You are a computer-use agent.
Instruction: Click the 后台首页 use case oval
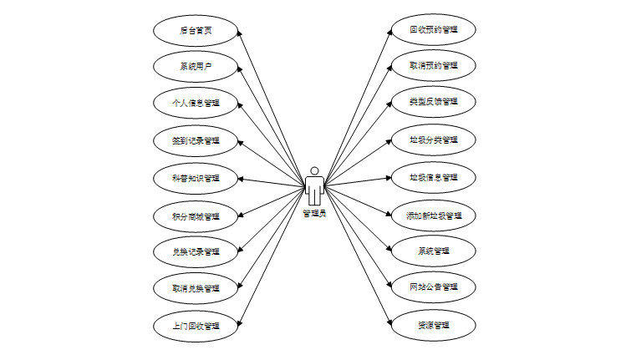pos(196,30)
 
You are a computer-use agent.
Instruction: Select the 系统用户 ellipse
pos(196,66)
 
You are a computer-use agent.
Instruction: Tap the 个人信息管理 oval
pos(196,104)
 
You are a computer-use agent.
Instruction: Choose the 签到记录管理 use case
pos(196,140)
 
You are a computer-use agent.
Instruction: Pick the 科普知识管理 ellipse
pos(196,178)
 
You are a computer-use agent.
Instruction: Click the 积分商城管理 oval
pos(196,215)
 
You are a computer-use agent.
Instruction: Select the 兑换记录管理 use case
pos(196,251)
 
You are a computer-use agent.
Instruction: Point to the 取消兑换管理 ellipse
pos(196,288)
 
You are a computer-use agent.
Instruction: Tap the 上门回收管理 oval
pos(196,325)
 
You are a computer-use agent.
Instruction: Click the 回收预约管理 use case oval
pos(434,29)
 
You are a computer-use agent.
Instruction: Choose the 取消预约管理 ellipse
pos(434,65)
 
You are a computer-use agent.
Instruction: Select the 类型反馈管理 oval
pos(434,102)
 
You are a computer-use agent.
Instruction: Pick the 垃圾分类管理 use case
pos(434,139)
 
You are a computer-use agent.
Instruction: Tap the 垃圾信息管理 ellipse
pos(434,177)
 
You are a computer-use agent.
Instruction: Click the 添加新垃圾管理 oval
pos(434,215)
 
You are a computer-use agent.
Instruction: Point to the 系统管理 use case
pos(434,251)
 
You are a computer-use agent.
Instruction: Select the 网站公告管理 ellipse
pos(434,287)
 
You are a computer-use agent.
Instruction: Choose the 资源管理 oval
pos(434,324)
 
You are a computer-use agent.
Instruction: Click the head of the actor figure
pos(314,171)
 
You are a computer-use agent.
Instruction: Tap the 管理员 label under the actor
pos(314,212)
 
